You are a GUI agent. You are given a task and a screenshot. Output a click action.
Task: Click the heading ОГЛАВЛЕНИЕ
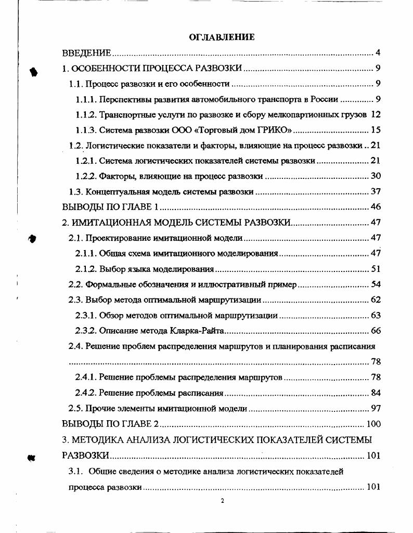[222, 37]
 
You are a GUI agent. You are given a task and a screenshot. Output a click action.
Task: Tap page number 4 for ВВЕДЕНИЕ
[378, 53]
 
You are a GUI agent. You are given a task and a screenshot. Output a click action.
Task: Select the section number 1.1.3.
[85, 129]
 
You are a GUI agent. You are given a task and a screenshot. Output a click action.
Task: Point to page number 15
[376, 129]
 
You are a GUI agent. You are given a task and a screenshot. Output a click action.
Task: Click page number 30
[376, 176]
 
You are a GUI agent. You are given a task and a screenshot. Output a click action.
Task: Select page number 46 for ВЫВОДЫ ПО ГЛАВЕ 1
[376, 207]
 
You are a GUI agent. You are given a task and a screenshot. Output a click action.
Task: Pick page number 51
[376, 269]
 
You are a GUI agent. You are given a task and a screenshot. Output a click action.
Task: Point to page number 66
[376, 331]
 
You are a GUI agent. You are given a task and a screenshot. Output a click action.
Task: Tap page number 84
[376, 393]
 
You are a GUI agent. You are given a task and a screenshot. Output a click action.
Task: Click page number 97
[376, 409]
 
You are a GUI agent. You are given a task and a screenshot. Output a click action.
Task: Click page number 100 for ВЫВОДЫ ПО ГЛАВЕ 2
[373, 424]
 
